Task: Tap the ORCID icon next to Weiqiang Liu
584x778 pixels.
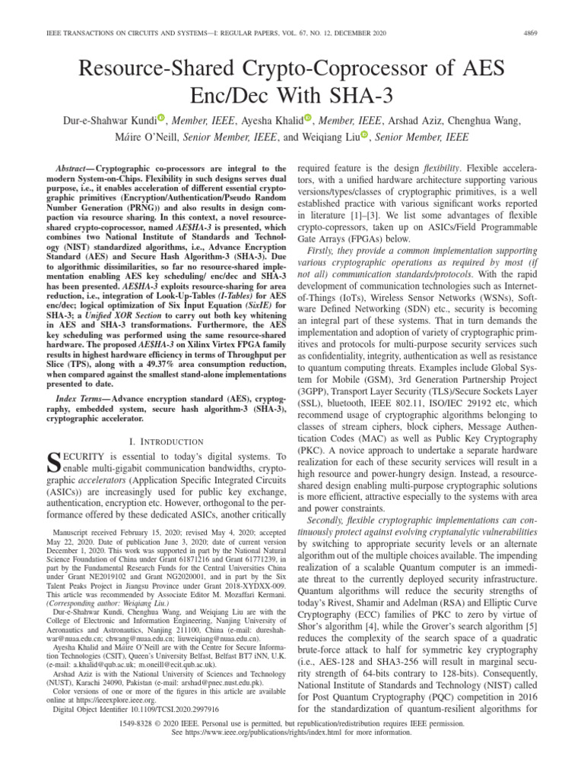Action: [x=365, y=135]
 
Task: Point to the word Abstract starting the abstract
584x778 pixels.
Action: [x=74, y=167]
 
